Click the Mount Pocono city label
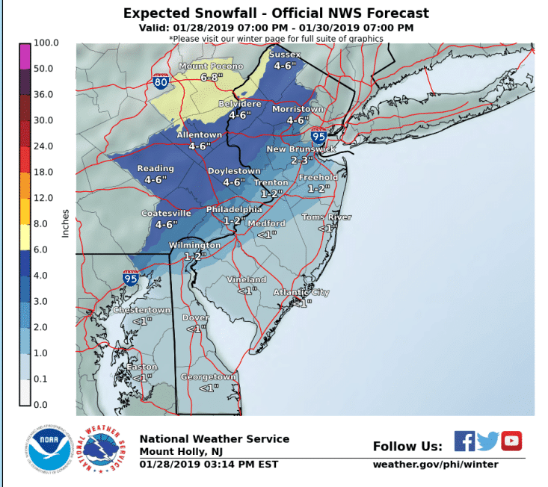(x=210, y=66)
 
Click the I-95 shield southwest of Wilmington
(x=131, y=278)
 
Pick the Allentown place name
(x=199, y=135)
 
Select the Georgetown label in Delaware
(x=208, y=377)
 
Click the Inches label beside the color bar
(x=65, y=223)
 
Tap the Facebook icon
(x=464, y=441)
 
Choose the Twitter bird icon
(x=487, y=441)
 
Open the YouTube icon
(x=511, y=441)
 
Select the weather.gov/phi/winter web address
(x=435, y=465)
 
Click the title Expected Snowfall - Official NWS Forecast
(x=276, y=13)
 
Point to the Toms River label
(x=326, y=217)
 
